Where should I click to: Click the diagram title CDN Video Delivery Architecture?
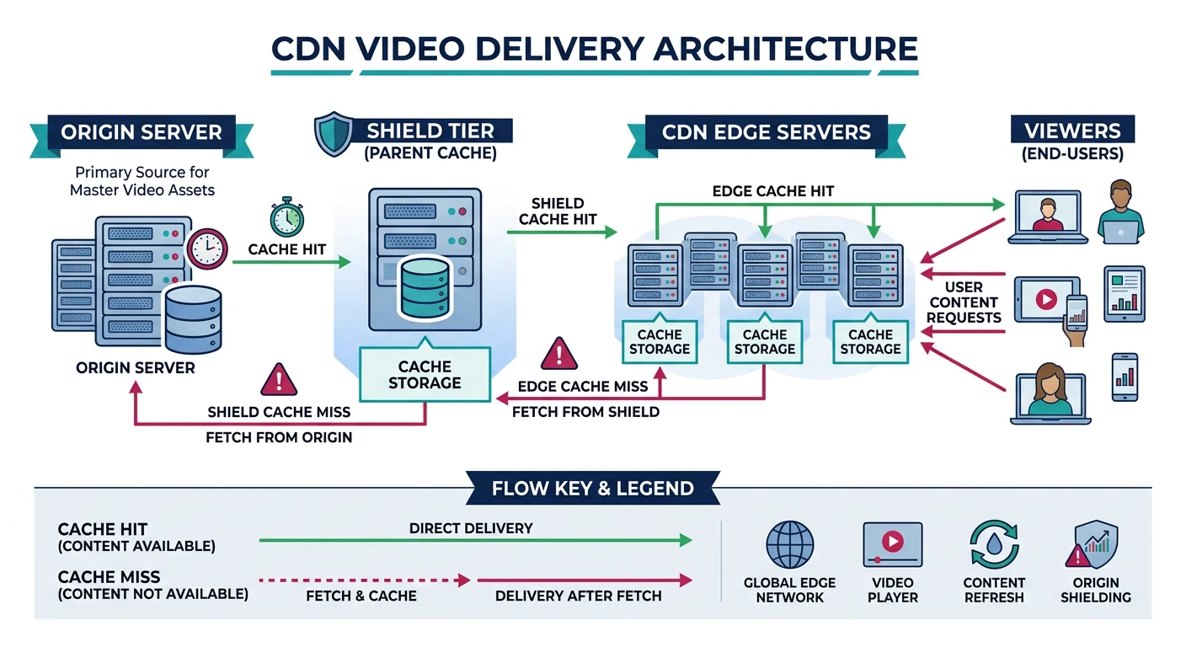594,48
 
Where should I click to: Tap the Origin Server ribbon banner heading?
142,132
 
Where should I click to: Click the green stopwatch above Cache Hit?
286,217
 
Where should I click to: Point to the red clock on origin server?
206,249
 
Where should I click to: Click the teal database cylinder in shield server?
425,289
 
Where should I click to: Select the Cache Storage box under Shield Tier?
425,375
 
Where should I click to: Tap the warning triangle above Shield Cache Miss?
279,380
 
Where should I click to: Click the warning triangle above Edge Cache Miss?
557,354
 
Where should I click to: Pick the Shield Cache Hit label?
558,211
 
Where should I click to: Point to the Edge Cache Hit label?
773,191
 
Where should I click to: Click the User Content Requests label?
964,302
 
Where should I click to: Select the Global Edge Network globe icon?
789,544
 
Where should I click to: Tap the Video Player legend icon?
893,544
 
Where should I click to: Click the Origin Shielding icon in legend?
1096,545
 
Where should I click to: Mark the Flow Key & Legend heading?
592,489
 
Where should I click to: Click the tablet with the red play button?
1045,298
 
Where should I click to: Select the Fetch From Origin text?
279,437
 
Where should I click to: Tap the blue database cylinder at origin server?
193,319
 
